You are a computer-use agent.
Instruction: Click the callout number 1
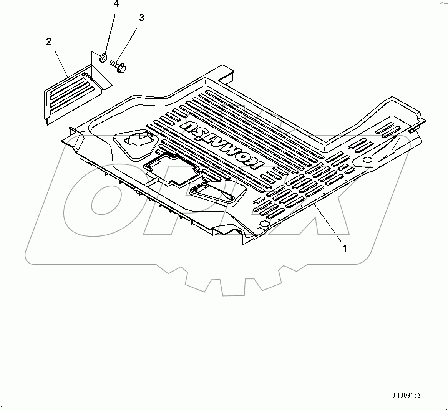[x=344, y=249]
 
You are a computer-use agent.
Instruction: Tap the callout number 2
[x=49, y=41]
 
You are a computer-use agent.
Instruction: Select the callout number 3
[x=142, y=18]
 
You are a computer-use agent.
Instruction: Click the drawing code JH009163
[x=406, y=395]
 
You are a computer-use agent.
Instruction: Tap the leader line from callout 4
[x=110, y=31]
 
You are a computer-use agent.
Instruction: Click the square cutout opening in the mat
[x=172, y=169]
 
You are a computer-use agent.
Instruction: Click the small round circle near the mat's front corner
[x=264, y=224]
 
